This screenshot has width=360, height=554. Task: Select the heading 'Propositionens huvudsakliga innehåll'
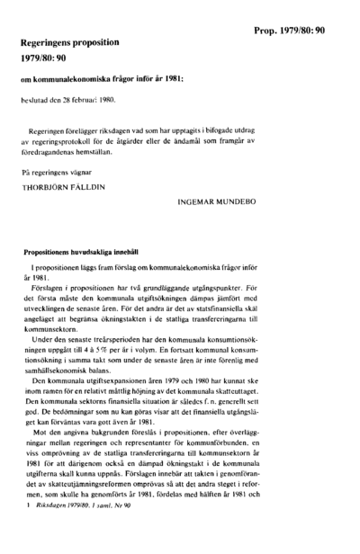tap(85, 255)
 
